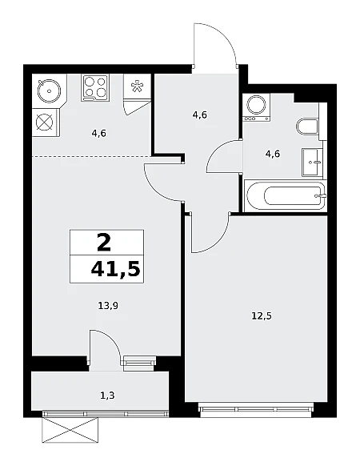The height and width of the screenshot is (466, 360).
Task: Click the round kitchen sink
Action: [x=49, y=91]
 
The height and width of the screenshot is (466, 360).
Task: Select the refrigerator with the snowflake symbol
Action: [x=138, y=86]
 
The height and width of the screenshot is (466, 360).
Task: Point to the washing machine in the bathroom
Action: [x=256, y=107]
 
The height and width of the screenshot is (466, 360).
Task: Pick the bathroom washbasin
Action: [x=312, y=163]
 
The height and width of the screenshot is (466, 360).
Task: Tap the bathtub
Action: [x=285, y=195]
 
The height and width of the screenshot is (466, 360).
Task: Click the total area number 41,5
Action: [x=115, y=269]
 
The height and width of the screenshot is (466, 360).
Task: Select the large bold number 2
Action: [x=104, y=242]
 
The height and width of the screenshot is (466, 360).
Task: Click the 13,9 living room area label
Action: [x=108, y=305]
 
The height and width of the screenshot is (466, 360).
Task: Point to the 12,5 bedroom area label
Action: [x=262, y=315]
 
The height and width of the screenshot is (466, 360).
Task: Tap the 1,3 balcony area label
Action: [x=107, y=396]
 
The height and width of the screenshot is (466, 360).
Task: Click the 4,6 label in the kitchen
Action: [x=98, y=134]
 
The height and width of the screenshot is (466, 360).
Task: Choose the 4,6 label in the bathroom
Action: [x=273, y=154]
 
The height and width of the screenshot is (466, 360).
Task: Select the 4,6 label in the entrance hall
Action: [x=200, y=114]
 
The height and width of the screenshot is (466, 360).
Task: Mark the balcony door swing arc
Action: [x=110, y=339]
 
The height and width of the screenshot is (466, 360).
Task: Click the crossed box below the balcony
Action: [x=70, y=430]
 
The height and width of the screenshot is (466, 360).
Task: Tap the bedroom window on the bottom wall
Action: [x=256, y=408]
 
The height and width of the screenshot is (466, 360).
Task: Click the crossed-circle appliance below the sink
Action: [x=45, y=123]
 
